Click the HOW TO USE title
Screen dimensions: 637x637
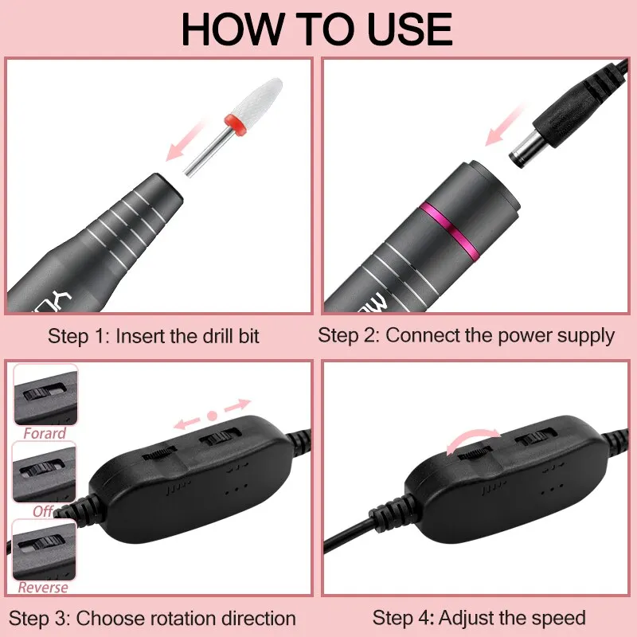click(x=317, y=29)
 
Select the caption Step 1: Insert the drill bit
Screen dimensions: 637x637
click(x=153, y=335)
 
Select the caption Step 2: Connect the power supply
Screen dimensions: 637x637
click(x=466, y=335)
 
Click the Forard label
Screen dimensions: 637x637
click(x=45, y=434)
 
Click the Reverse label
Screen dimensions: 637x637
click(x=44, y=588)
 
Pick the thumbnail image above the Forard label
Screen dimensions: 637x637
click(x=45, y=396)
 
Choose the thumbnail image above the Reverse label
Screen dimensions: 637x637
click(x=45, y=549)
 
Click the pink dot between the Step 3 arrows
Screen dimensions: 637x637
click(x=212, y=415)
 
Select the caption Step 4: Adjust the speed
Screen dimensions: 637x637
click(x=479, y=617)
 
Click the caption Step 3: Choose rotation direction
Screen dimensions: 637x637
click(x=153, y=618)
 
